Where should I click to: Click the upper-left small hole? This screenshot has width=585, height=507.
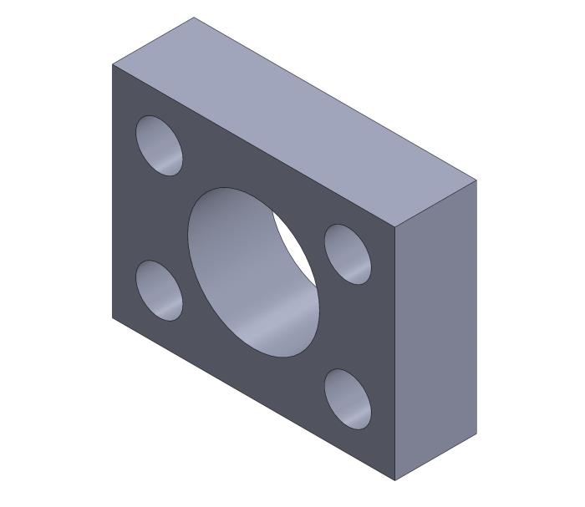(159, 145)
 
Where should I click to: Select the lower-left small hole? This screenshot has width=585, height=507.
(159, 290)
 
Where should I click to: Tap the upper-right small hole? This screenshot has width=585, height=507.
(348, 253)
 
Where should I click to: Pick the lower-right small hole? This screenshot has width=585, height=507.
(348, 398)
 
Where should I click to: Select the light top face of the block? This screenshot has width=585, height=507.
(292, 117)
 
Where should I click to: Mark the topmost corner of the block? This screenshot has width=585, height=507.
(194, 18)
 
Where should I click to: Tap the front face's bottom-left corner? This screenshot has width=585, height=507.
(113, 317)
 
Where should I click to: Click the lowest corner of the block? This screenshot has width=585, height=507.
(395, 481)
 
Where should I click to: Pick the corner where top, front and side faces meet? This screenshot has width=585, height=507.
(395, 226)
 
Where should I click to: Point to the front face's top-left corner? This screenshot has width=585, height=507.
(113, 64)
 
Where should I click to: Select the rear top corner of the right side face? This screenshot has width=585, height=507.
(476, 179)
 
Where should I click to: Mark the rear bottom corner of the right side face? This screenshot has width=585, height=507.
(476, 434)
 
